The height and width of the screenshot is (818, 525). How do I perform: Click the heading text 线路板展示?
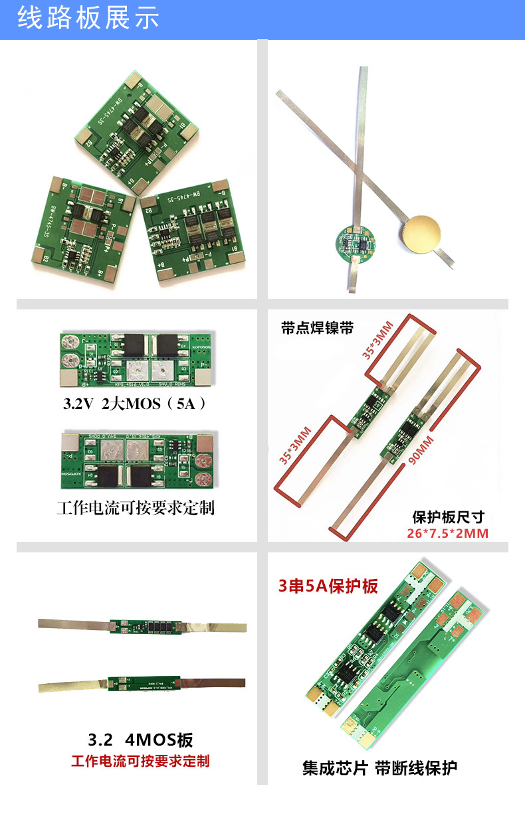pyautogui.click(x=88, y=19)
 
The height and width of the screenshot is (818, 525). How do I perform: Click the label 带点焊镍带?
pyautogui.click(x=317, y=328)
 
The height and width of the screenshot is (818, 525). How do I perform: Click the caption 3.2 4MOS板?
pyautogui.click(x=140, y=740)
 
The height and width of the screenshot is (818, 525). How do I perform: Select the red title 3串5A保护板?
pyautogui.click(x=328, y=586)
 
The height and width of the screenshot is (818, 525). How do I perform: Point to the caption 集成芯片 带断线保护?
pyautogui.click(x=379, y=768)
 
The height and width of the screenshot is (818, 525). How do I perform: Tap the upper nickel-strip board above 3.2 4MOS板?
pyautogui.click(x=142, y=625)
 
